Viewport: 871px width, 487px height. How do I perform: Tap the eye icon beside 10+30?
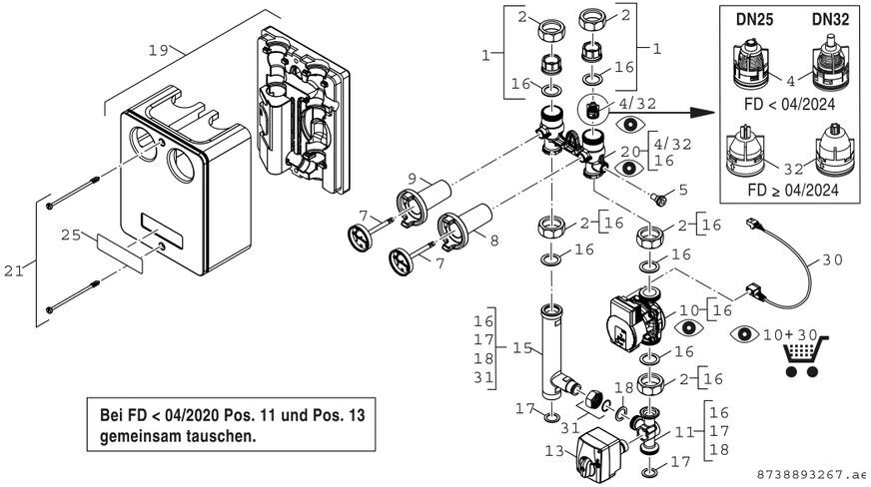(746, 333)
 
